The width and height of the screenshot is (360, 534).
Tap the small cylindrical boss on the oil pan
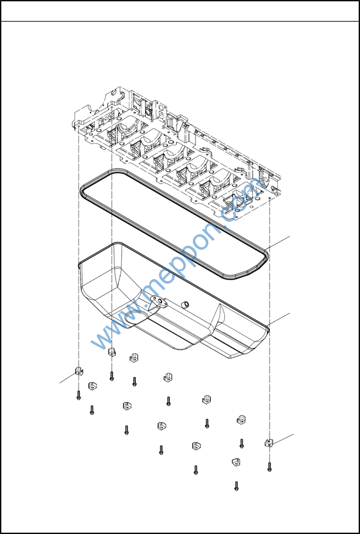tap(185, 304)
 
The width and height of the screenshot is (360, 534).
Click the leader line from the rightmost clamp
tap(282, 439)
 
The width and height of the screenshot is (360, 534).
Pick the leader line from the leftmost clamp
tap(68, 378)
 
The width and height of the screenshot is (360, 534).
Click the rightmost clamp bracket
tap(268, 443)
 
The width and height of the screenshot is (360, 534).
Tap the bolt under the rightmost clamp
tap(270, 467)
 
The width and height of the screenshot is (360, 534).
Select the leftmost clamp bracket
tap(79, 371)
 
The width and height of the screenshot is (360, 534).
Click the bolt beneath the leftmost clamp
tap(78, 395)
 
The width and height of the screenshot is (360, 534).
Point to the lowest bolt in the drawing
tap(236, 486)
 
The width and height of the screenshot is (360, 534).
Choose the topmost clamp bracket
tap(112, 352)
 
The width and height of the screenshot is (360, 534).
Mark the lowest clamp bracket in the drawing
tap(236, 462)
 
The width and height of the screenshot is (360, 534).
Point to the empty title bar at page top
tap(180, 11)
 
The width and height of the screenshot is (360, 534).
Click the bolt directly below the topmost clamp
tap(112, 376)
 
